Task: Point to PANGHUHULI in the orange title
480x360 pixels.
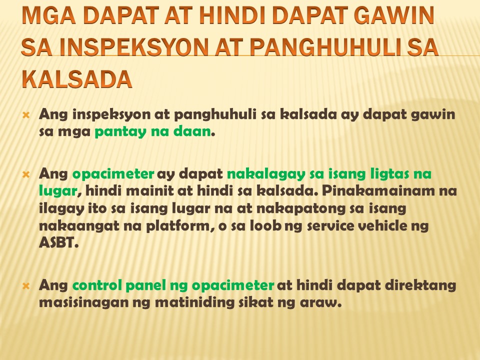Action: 325,47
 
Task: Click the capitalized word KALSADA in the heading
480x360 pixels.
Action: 77,79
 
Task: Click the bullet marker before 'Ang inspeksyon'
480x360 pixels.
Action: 26,115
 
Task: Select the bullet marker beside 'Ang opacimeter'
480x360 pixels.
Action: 26,175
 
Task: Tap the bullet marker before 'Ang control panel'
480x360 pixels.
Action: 26,286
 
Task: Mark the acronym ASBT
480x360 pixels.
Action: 58,243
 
